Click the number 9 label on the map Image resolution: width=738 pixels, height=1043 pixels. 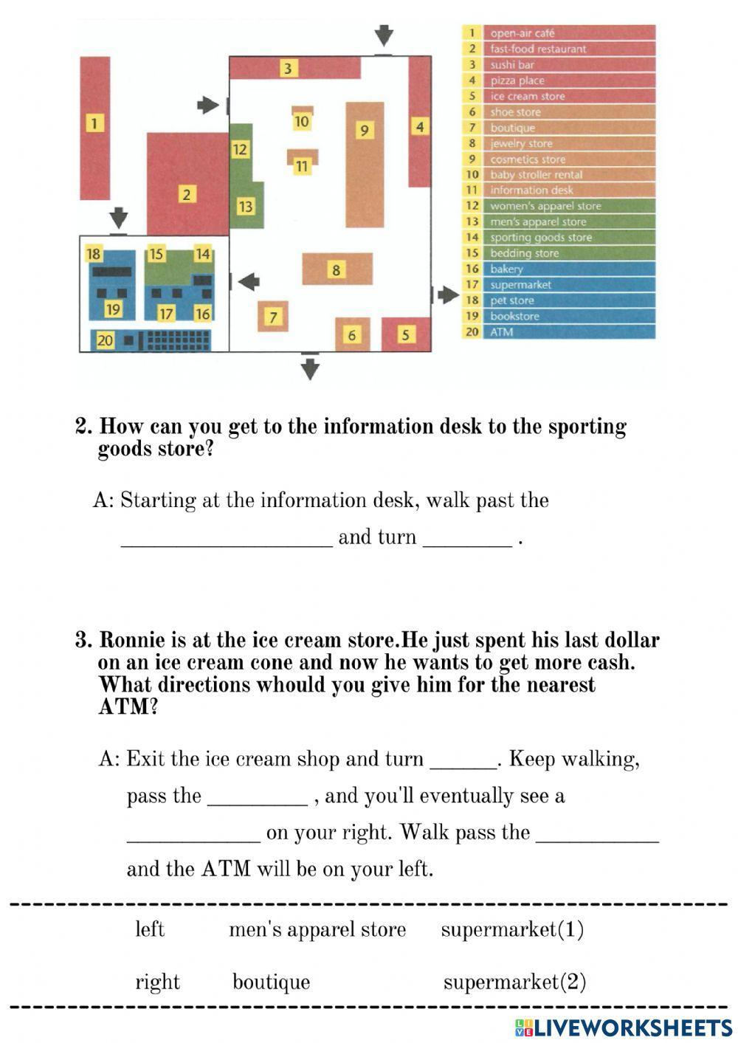point(364,131)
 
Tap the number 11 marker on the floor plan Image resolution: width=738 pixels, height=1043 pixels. point(301,166)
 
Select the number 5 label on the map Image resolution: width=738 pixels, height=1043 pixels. point(405,335)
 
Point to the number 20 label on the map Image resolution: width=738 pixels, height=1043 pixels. point(105,340)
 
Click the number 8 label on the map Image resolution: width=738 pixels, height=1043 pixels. point(336,269)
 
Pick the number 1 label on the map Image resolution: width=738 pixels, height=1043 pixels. point(94,123)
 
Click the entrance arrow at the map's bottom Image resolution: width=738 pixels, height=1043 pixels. point(310,367)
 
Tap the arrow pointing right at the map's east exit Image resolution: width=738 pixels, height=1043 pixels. point(447,295)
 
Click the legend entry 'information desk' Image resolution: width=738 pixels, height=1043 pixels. point(531,190)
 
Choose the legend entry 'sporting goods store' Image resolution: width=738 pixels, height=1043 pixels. point(541,238)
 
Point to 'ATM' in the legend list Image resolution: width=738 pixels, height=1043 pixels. point(501,332)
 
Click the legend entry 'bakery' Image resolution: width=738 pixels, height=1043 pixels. point(506,269)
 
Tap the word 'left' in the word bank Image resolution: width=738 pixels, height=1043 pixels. point(150,929)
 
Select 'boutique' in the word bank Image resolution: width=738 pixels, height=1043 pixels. point(271,982)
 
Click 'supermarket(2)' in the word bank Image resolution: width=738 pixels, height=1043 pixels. point(514,982)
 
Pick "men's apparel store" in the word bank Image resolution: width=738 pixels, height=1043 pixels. point(317,929)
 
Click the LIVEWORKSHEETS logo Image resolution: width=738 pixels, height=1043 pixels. point(624,1028)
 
